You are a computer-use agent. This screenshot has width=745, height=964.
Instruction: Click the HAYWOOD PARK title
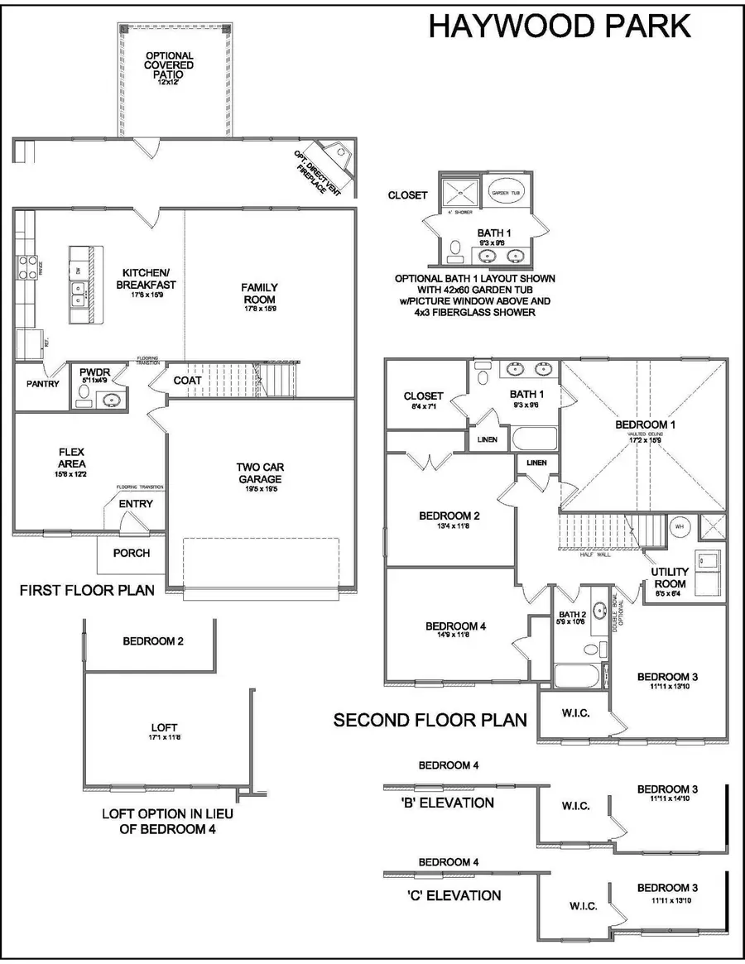(560, 26)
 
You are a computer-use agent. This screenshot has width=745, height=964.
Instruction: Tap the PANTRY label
(41, 384)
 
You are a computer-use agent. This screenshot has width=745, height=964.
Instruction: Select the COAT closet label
(188, 380)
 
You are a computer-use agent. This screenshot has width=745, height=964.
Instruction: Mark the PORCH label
(131, 553)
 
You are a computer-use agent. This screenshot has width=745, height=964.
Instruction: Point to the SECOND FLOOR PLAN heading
(430, 720)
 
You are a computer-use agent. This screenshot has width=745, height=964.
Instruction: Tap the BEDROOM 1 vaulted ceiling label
(646, 425)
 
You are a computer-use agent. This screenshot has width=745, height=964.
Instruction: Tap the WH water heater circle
(678, 525)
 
